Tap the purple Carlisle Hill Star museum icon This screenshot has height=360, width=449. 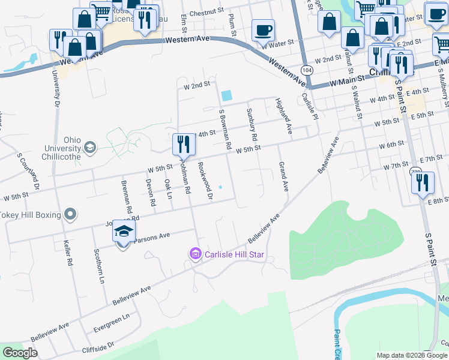pos(194,254)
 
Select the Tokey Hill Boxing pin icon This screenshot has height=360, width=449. pos(70,214)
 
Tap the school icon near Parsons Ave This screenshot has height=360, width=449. pos(124,232)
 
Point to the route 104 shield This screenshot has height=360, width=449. pos(307,70)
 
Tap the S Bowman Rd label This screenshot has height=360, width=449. pos(225,130)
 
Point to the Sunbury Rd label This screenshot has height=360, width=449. pos(252,125)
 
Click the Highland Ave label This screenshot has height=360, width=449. pos(283,115)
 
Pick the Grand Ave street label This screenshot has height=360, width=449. pos(282,176)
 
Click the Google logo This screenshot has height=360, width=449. pos(20,353)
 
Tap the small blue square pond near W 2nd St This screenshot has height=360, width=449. pos(226,95)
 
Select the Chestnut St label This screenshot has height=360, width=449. pos(206,11)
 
